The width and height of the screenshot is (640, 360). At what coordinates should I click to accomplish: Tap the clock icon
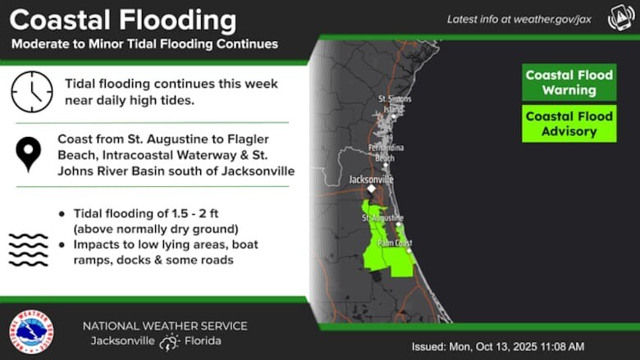click(x=31, y=91)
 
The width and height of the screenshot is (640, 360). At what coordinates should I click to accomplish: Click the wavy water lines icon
click(x=29, y=248)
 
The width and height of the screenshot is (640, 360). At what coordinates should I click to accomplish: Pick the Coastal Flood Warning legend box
click(x=569, y=83)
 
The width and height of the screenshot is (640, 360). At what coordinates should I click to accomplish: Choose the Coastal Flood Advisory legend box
click(x=569, y=124)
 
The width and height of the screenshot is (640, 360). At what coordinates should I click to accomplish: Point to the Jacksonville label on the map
click(x=371, y=179)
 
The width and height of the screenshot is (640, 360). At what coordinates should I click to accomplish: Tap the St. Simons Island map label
click(x=395, y=103)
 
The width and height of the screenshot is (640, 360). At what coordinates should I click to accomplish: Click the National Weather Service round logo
click(x=31, y=332)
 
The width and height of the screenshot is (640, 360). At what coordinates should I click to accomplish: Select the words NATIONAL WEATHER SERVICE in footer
click(x=165, y=326)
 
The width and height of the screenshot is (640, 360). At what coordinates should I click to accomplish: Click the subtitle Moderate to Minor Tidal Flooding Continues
click(x=144, y=44)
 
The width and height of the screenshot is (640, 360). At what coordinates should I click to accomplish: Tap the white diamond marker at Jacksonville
click(x=371, y=189)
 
